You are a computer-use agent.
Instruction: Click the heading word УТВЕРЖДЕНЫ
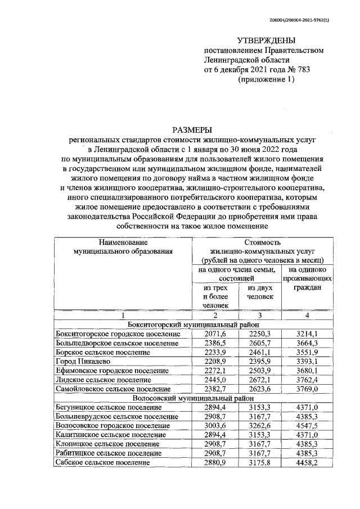[266, 40]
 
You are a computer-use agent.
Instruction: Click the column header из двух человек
[259, 292]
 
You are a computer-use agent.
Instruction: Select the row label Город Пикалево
[83, 361]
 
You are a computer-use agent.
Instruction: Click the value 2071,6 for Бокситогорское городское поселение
[216, 334]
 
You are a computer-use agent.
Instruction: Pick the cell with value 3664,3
[308, 343]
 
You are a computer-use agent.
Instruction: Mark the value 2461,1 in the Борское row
[259, 352]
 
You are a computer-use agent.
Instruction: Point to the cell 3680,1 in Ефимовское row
[308, 370]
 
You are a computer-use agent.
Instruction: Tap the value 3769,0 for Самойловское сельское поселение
[308, 389]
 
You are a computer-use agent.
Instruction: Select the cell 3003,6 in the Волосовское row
[216, 425]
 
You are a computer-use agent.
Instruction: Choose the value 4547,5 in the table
[308, 425]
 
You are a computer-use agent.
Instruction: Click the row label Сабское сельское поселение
[102, 462]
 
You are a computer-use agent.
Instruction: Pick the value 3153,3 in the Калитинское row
[259, 434]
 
